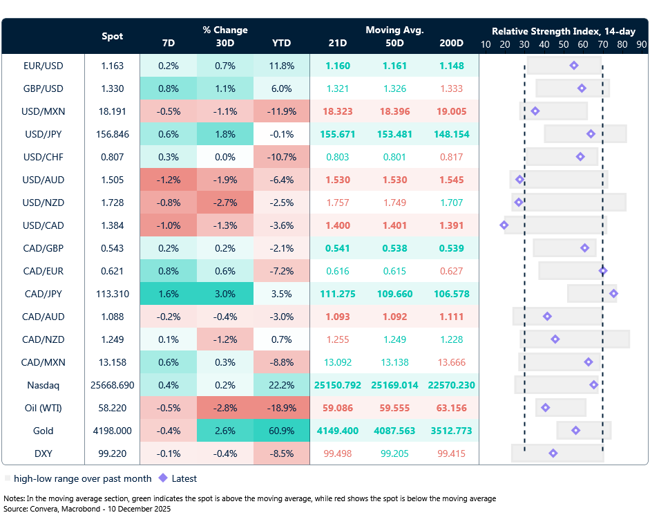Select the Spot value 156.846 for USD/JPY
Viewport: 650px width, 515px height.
coord(113,134)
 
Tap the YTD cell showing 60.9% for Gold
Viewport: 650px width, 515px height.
coord(282,431)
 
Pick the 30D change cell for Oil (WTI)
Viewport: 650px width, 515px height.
coord(224,408)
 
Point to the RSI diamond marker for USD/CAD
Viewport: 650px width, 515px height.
coord(504,225)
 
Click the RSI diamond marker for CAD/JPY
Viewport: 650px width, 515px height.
coord(613,294)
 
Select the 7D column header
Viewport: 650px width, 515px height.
coord(168,43)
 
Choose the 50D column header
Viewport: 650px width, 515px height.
coord(395,43)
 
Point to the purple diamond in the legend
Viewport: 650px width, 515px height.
coord(163,478)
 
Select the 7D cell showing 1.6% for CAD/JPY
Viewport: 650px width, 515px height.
coord(168,294)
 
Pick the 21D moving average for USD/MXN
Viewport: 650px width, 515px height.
coord(338,111)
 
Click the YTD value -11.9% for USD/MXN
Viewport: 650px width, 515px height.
coord(282,111)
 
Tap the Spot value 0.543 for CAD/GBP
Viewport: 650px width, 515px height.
coord(113,248)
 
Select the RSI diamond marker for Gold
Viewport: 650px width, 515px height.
coord(576,431)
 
